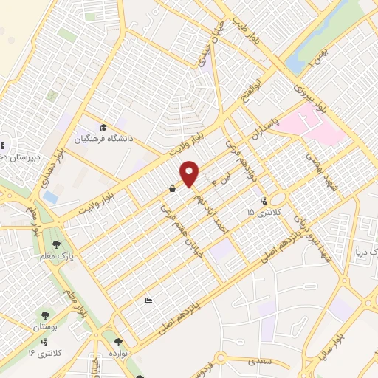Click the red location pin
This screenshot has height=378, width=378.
click(190, 173)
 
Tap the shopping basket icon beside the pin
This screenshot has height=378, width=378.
click(172, 189)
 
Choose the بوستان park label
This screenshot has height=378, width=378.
click(44, 326)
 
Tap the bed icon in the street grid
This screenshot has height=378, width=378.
click(148, 300)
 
